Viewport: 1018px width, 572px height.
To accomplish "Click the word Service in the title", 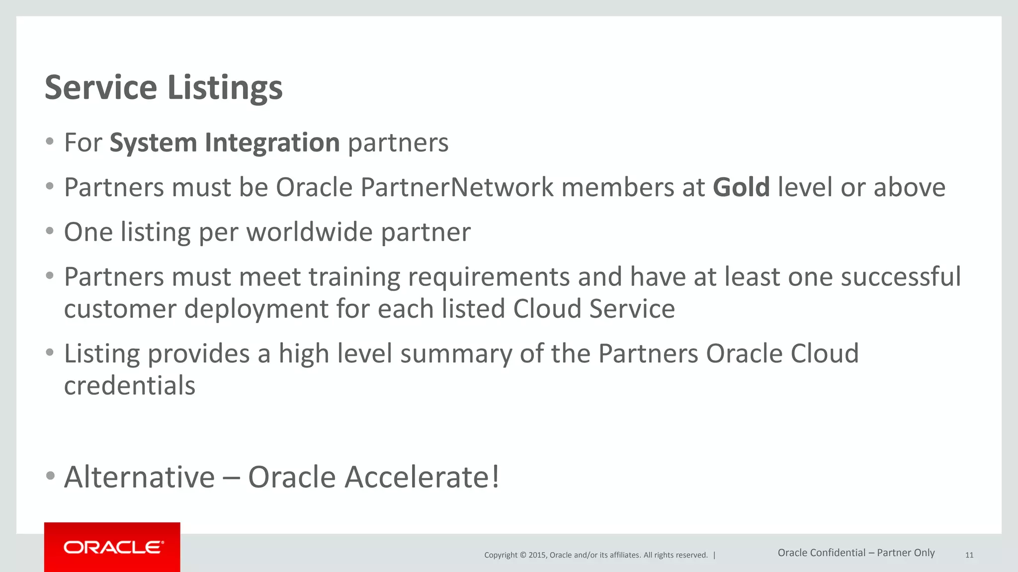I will [101, 87].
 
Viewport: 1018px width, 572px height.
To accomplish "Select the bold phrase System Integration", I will [225, 143].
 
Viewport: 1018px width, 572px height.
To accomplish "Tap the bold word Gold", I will [741, 188].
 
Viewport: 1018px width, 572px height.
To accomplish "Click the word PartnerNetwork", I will [457, 188].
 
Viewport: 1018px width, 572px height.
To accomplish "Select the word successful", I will [901, 277].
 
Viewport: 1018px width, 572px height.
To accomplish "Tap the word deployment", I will [256, 309].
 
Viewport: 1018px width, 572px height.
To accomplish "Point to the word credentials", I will [130, 386].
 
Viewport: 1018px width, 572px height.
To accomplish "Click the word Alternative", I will [140, 477].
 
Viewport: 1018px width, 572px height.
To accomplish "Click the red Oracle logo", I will [112, 547].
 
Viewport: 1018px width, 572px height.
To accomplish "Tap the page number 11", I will [969, 555].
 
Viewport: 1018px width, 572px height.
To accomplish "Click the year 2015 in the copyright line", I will [537, 555].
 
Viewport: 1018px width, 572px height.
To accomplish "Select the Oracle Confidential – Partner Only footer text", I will [856, 553].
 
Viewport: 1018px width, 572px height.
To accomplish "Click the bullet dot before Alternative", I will [50, 476].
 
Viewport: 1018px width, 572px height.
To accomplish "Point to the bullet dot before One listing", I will [50, 231].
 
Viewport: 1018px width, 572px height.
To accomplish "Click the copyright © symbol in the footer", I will [522, 555].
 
